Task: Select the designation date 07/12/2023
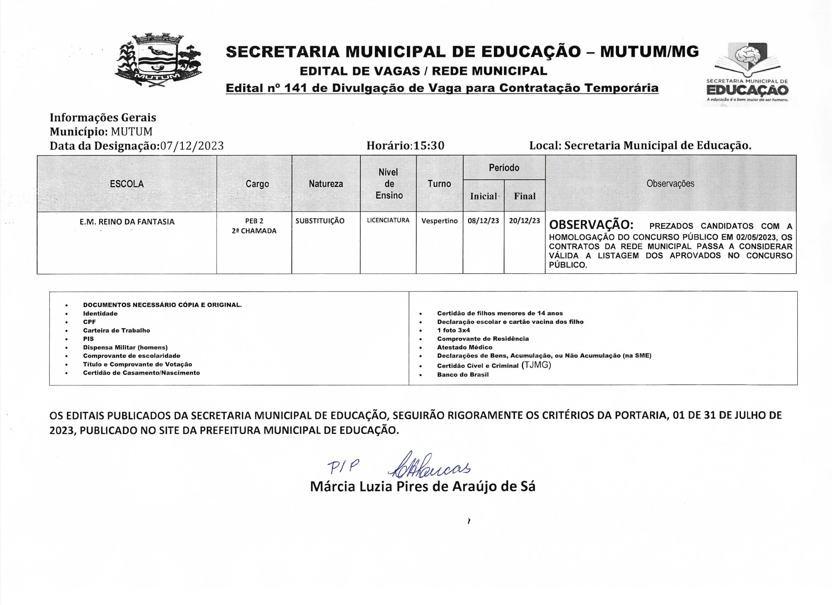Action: (192, 146)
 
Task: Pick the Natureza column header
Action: (326, 184)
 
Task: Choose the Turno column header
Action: (439, 184)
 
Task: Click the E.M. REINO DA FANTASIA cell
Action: (127, 222)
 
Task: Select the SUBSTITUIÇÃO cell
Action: (320, 221)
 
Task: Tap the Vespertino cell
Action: (439, 221)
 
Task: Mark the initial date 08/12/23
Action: (483, 221)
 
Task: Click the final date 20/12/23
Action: (525, 221)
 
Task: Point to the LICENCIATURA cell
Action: (388, 220)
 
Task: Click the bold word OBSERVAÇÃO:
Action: (591, 224)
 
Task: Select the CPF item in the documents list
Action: (89, 322)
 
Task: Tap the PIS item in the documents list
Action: (88, 339)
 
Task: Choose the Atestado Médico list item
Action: (464, 347)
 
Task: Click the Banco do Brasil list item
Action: (462, 375)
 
